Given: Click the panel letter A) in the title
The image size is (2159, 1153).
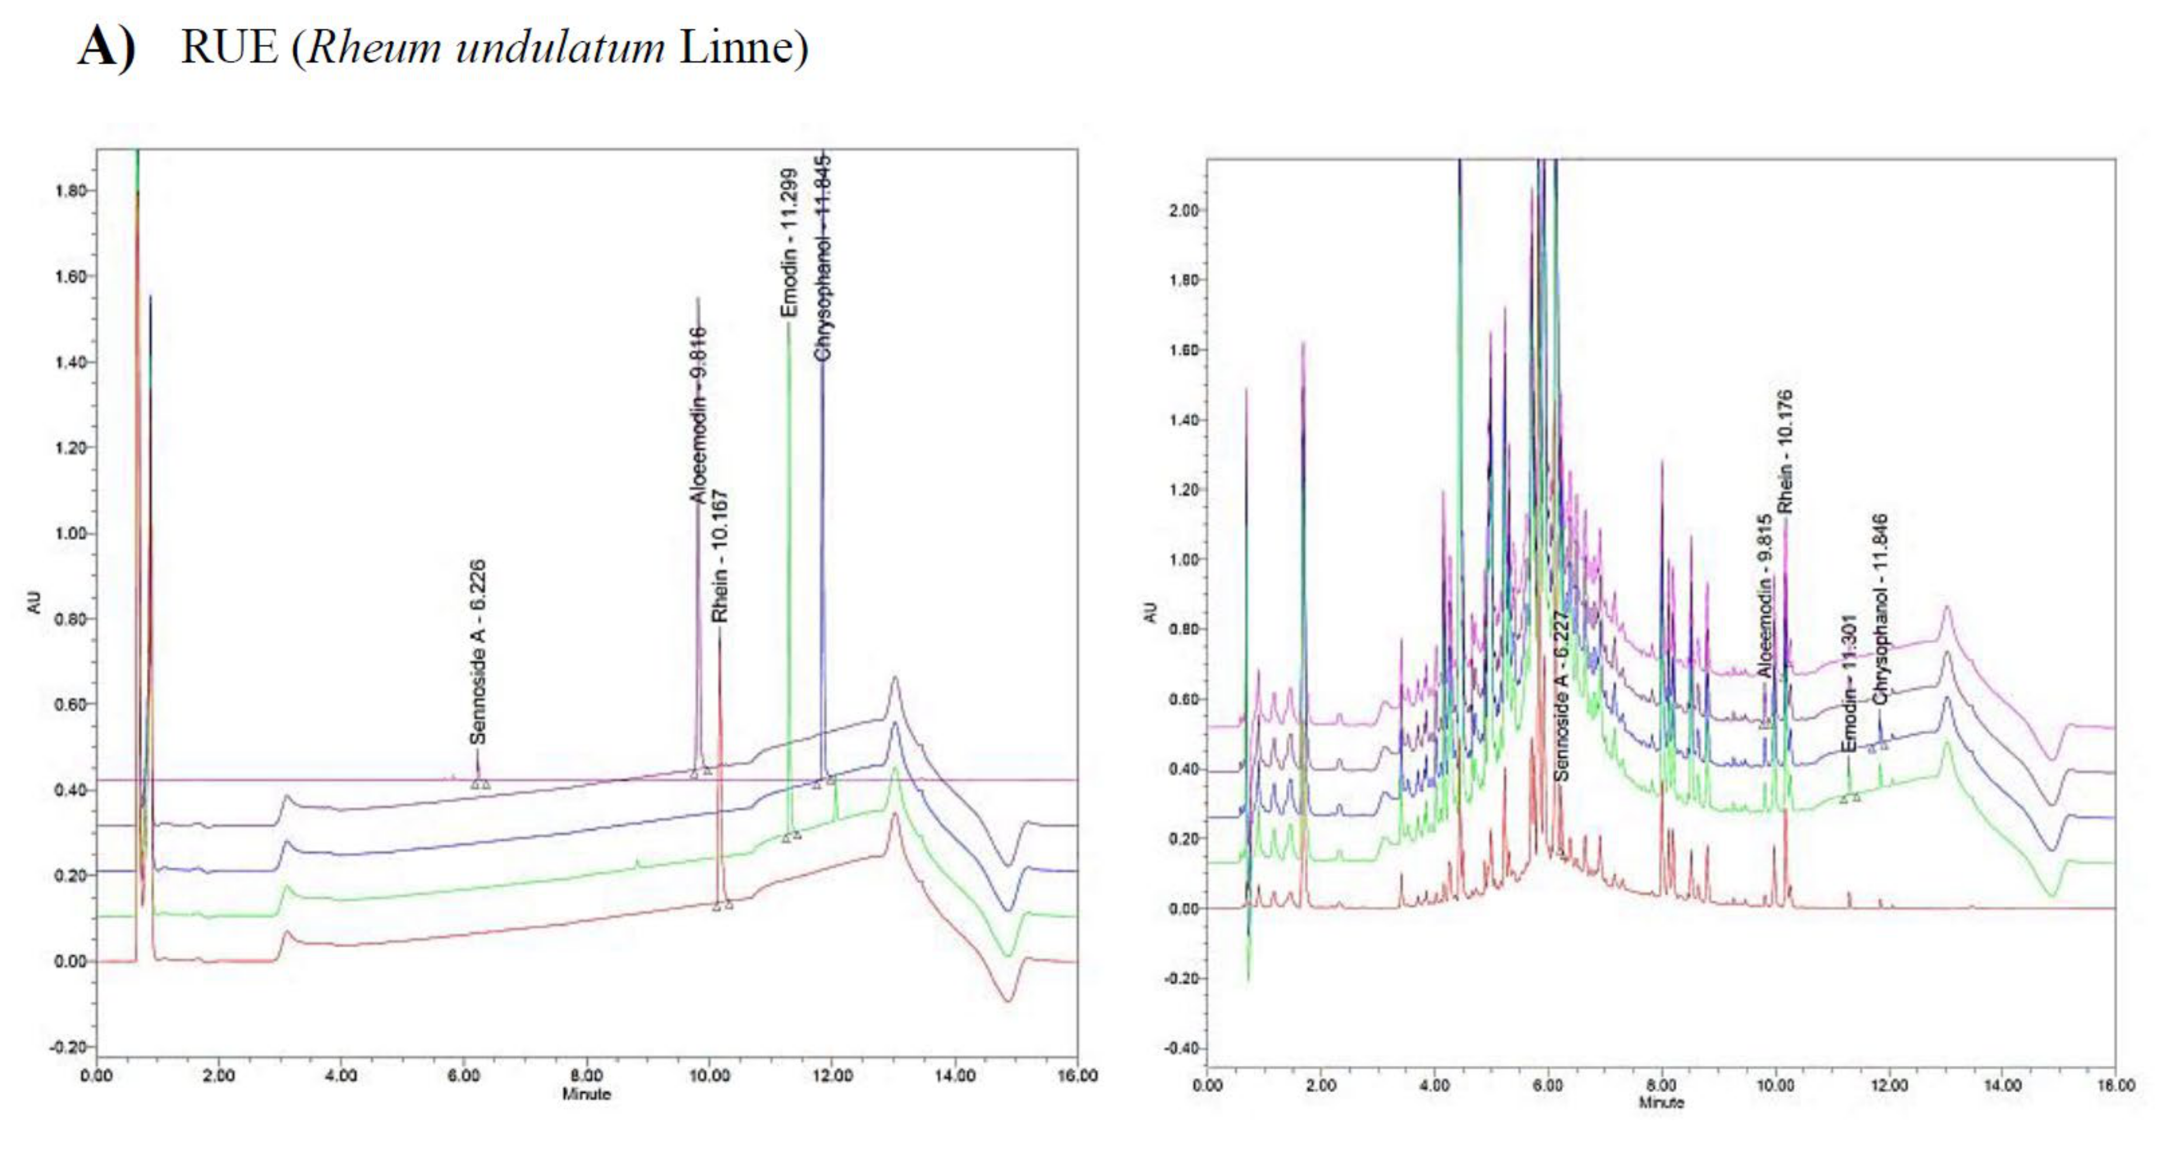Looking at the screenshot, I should coord(106,47).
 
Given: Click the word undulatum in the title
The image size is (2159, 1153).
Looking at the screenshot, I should coord(560,47).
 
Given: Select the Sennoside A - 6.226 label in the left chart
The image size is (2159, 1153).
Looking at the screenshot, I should coord(478,652).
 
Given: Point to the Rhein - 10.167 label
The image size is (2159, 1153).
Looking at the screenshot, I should coord(719,555).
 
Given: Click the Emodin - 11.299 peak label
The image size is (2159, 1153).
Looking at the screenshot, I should coord(789,243).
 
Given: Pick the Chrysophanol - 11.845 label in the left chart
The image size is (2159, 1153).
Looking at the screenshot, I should coord(823,258).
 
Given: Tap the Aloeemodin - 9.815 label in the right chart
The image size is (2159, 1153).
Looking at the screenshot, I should coord(1765,596).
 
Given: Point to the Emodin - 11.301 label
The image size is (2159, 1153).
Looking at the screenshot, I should coord(1849,683).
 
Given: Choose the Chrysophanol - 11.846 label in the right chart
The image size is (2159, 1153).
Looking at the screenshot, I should coord(1881,609).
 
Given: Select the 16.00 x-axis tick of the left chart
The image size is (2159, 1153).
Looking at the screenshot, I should coord(1076,1076).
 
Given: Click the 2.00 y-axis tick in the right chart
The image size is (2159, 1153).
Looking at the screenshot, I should coord(1184,210).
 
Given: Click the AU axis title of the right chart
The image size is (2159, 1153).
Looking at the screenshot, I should coord(1151,613).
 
